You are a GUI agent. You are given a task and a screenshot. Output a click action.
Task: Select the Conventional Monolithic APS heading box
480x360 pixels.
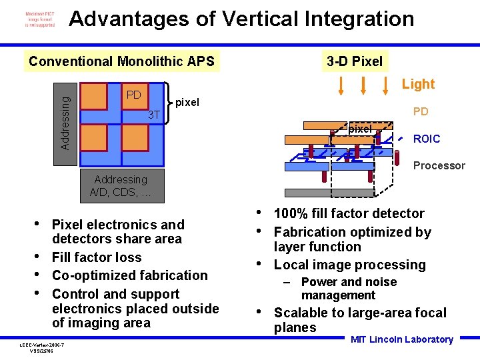(x=121, y=62)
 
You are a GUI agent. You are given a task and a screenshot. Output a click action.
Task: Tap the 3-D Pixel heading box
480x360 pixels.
(x=355, y=62)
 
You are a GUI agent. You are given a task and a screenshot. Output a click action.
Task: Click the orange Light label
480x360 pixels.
(x=418, y=84)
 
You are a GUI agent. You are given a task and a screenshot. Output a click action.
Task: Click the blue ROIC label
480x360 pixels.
(x=427, y=139)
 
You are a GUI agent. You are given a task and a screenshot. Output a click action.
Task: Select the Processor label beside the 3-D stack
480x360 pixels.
(x=439, y=165)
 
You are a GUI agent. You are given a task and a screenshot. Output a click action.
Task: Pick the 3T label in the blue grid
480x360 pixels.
(x=153, y=115)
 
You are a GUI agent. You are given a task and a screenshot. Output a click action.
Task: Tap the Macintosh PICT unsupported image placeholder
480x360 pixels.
(x=40, y=19)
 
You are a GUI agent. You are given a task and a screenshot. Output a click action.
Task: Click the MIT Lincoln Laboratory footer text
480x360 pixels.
(x=401, y=339)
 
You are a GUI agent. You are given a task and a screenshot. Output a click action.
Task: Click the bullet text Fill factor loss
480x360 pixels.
(x=97, y=257)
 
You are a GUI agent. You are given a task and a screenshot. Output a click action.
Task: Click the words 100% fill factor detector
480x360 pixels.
(x=349, y=213)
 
